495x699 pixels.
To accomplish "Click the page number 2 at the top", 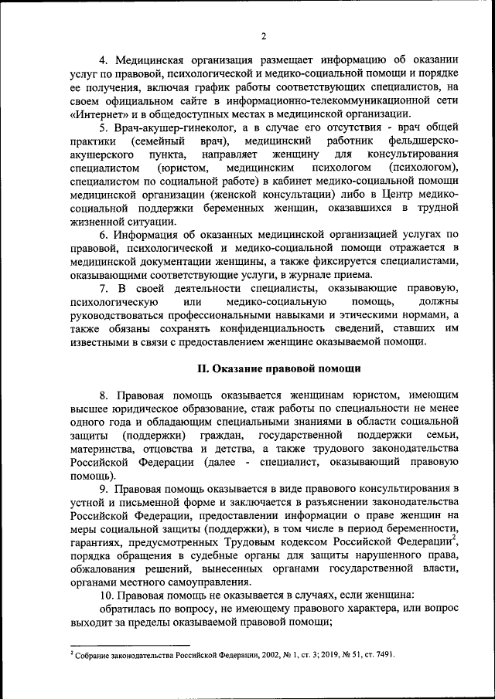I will pos(263,35).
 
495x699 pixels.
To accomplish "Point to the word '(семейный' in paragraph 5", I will pos(158,141).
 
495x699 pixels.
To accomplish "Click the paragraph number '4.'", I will pos(104,60).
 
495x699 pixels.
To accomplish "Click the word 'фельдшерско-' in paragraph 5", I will pos(420,141).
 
